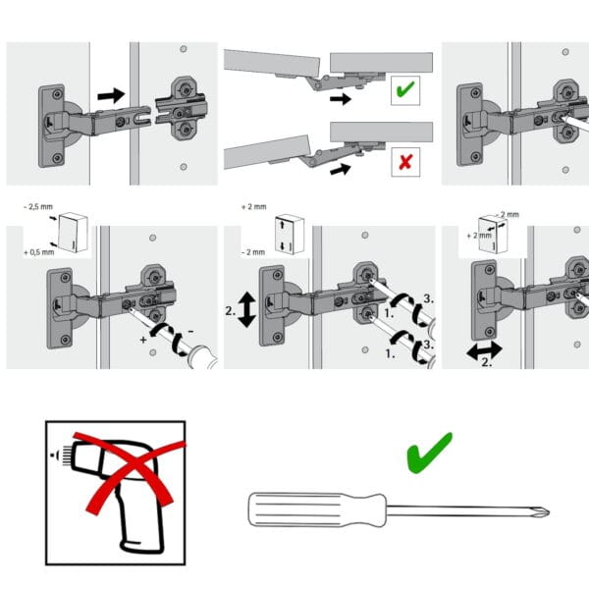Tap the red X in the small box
coord(405,162)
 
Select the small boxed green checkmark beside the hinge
coord(405,89)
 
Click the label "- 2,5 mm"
coord(38,206)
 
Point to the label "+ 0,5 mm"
coord(39,252)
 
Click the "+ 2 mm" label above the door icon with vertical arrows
coord(254,206)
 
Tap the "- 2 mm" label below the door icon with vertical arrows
coord(253,252)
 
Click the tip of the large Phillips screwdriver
coord(549,512)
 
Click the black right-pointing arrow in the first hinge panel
coord(111,96)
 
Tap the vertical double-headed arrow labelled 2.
coord(246,310)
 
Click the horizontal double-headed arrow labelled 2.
coord(484,350)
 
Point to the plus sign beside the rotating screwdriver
coord(142,340)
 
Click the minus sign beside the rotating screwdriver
coord(190,332)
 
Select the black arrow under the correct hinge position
coord(341,99)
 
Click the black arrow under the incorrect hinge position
coord(341,169)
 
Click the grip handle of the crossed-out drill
coord(140,522)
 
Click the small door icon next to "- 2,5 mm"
coord(74,232)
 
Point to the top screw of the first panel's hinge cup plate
coord(58,94)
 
